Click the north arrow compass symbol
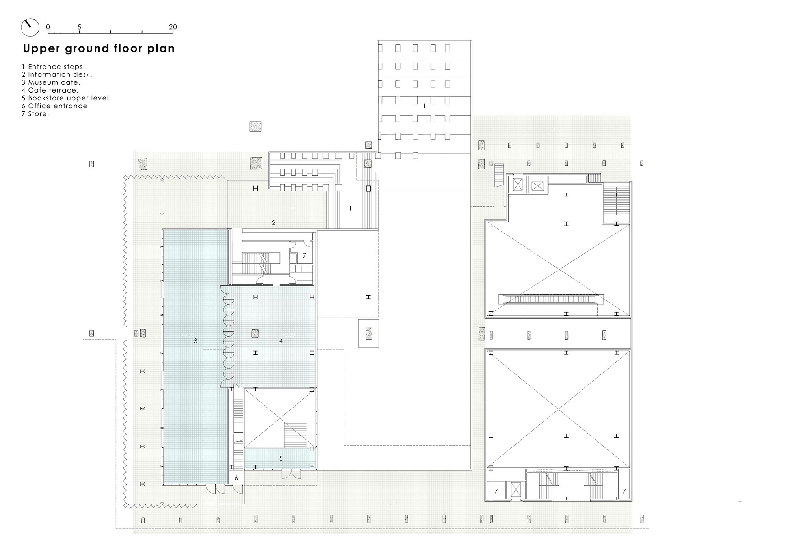pos(30,28)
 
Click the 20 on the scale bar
pos(173,27)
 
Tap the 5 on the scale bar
pos(79,27)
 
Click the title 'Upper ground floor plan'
pos(99,48)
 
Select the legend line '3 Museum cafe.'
pos(51,82)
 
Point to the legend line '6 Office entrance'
pos(54,106)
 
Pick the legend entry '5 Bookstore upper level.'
pos(66,98)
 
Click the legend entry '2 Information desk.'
pos(57,74)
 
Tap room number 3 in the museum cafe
pos(195,341)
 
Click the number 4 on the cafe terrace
pos(281,341)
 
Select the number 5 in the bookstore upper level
pos(281,458)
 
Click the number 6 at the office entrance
pos(236,478)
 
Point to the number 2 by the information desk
pos(274,223)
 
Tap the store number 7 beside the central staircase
pos(304,256)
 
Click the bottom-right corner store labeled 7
pos(624,491)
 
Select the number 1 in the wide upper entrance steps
pos(424,106)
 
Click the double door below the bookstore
pos(292,474)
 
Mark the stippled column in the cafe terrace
pos(255,334)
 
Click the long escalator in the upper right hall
pos(551,299)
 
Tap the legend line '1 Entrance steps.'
pos(53,67)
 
